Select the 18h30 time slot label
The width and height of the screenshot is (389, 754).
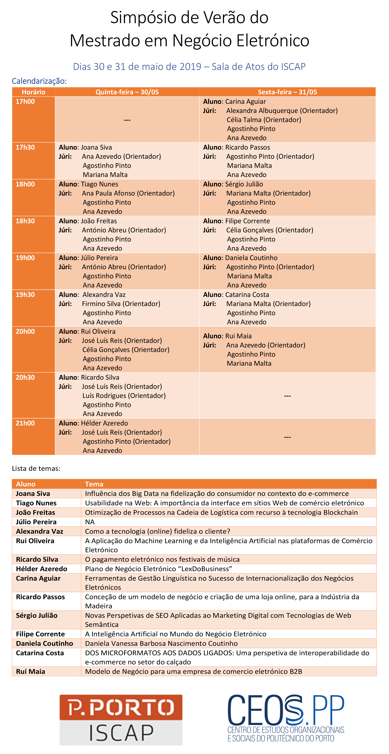(x=25, y=221)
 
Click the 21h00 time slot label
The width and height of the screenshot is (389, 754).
(x=25, y=423)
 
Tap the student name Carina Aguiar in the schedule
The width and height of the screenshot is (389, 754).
(x=246, y=102)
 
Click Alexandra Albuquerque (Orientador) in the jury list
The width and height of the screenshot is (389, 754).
(x=282, y=111)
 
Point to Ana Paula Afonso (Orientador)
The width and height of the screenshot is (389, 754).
(x=128, y=193)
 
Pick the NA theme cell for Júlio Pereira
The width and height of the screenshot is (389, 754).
(x=90, y=522)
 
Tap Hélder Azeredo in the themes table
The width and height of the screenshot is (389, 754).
(x=42, y=569)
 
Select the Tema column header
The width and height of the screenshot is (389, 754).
(x=94, y=484)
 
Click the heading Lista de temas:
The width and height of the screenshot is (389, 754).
(x=36, y=468)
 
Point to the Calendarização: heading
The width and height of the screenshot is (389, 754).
(x=39, y=81)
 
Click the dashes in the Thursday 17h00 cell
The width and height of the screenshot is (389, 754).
(x=127, y=120)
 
